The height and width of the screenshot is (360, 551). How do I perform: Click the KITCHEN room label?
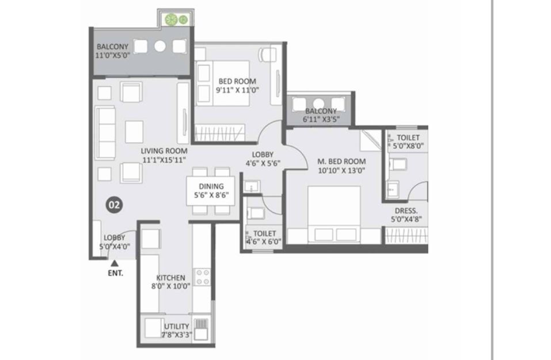(x=171, y=278)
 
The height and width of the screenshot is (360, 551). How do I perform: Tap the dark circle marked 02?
(x=114, y=204)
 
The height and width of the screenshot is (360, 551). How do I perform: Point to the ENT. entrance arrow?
(x=115, y=263)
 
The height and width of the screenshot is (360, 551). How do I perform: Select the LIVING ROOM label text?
(x=164, y=151)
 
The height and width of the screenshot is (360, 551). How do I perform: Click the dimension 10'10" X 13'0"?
(x=341, y=171)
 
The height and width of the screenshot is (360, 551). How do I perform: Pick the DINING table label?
(x=211, y=186)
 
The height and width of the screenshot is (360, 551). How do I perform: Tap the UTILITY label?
(x=176, y=326)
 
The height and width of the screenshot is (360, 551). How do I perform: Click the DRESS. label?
(x=406, y=211)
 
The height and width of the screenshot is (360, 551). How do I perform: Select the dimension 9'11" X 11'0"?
(x=237, y=90)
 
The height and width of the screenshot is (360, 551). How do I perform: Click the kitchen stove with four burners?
(x=203, y=277)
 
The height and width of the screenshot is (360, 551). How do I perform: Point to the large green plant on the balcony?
(x=171, y=20)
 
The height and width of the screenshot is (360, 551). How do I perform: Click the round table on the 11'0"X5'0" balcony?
(x=160, y=46)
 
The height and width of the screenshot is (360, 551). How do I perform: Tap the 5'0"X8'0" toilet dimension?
(x=408, y=146)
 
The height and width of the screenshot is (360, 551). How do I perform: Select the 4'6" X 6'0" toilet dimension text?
(x=264, y=241)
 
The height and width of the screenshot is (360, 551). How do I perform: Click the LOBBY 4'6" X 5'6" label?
(x=263, y=158)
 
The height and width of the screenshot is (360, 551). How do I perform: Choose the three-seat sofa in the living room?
(x=105, y=132)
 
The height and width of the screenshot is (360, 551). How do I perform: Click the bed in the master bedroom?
(x=334, y=214)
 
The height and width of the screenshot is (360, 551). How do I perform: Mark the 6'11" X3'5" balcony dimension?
(x=321, y=119)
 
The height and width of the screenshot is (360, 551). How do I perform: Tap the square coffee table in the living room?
(x=134, y=131)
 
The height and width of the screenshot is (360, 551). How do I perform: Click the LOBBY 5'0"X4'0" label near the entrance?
(x=115, y=242)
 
